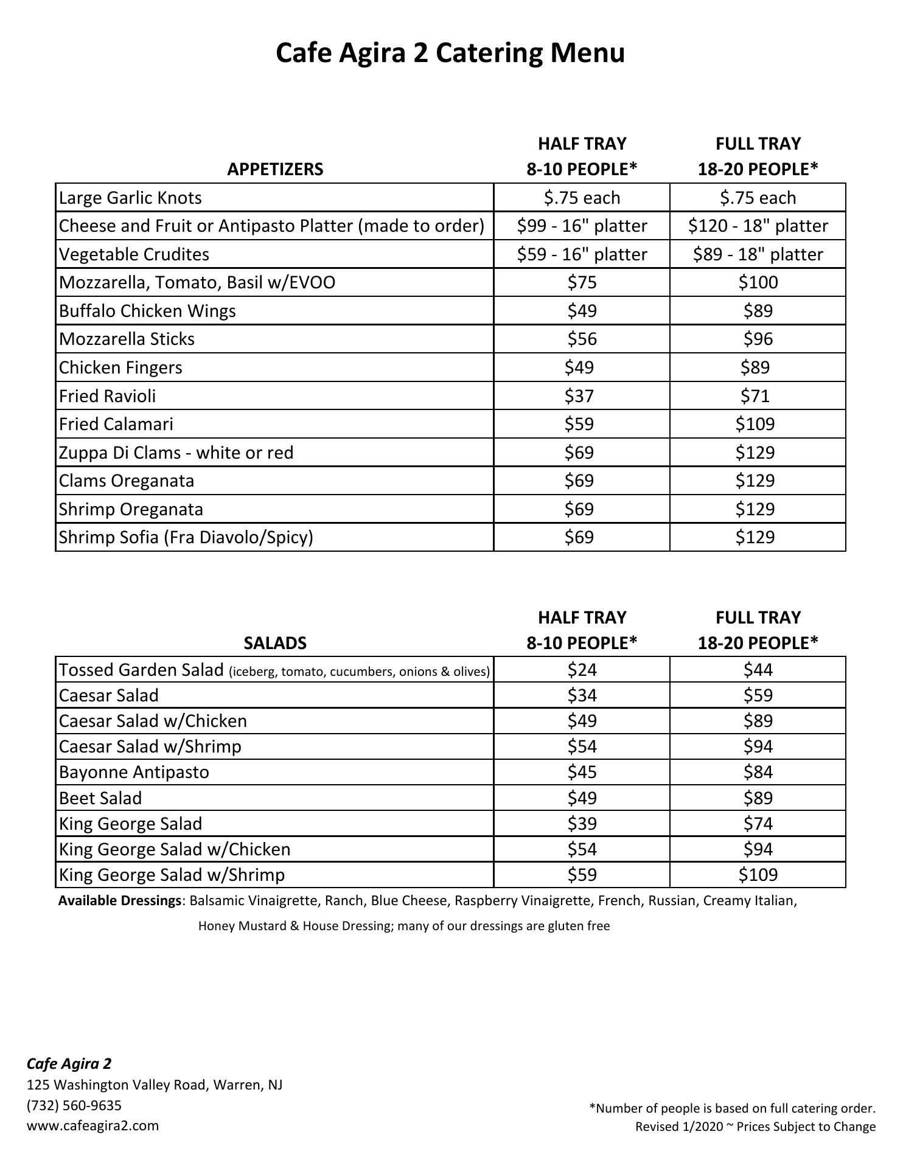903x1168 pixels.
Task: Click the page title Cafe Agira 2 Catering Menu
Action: coord(450,53)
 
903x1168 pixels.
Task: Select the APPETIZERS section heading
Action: coord(275,169)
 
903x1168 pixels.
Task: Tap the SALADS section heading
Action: coord(275,643)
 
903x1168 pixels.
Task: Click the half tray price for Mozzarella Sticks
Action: coord(582,339)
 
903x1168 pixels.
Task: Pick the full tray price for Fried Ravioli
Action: coord(755,396)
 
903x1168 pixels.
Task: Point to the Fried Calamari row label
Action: coord(116,424)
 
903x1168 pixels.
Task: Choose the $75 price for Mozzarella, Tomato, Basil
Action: coord(582,282)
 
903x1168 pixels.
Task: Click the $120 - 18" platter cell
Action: coord(758,226)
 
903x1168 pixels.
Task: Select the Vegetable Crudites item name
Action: coord(134,254)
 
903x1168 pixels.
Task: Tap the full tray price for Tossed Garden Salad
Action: coord(758,670)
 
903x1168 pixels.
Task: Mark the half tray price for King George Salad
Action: coord(582,824)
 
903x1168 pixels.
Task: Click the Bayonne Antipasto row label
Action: coord(134,772)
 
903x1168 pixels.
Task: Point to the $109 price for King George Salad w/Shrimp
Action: coord(758,875)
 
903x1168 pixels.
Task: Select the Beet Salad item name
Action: coord(100,798)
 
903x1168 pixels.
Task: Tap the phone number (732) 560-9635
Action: coord(74,1105)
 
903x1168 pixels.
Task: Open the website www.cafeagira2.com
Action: coord(92,1125)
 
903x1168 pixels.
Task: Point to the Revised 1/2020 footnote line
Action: coord(755,1127)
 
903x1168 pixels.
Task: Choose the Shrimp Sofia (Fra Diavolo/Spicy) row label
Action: coord(186,537)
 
